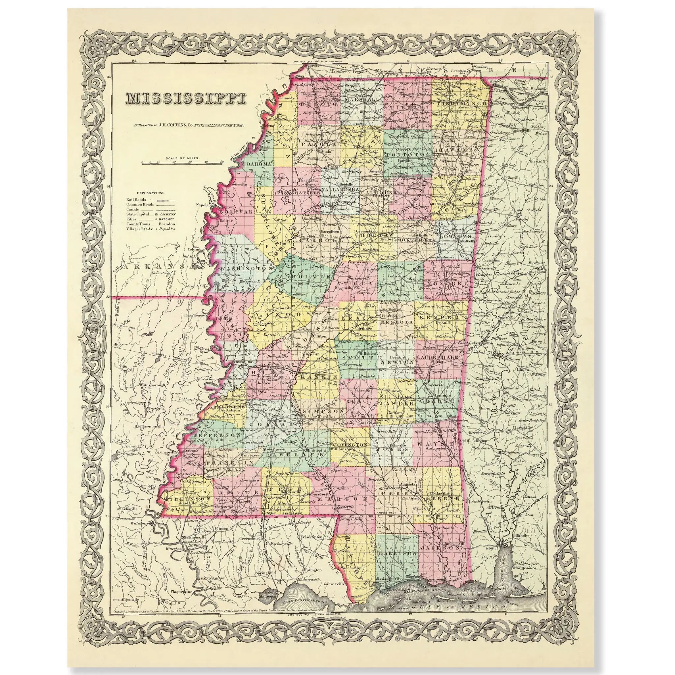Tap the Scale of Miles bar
(x=182, y=162)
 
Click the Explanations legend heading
(x=151, y=192)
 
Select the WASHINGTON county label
(x=246, y=269)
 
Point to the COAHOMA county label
(x=257, y=163)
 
